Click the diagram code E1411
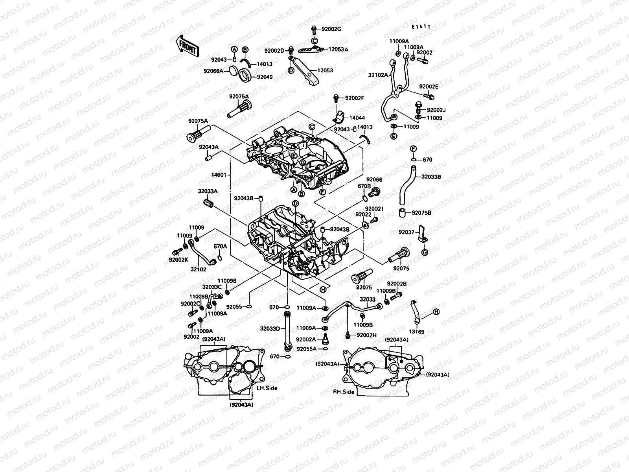[421, 27]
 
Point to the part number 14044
[357, 117]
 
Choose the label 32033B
[431, 177]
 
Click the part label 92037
[407, 232]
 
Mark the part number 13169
[417, 332]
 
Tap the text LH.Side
[267, 388]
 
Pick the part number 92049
[265, 77]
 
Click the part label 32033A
[208, 191]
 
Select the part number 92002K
[179, 260]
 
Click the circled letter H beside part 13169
[436, 312]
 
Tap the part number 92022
[363, 214]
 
